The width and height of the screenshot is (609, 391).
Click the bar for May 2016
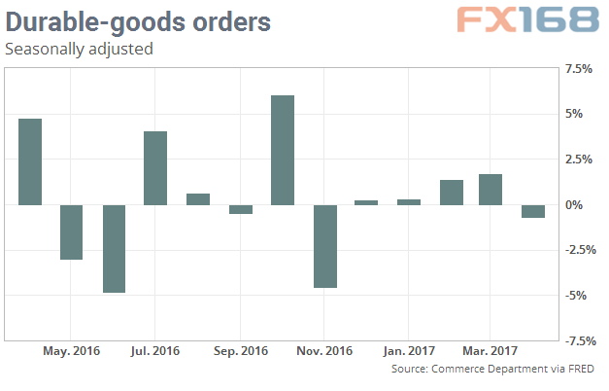click(x=71, y=231)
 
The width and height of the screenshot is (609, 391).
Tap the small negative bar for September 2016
click(x=240, y=209)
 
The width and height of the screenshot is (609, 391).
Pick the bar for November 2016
click(x=324, y=246)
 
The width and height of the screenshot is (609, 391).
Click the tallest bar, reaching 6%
click(x=282, y=150)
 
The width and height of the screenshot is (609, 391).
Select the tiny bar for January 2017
click(x=409, y=202)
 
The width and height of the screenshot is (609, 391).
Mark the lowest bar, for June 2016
click(x=114, y=248)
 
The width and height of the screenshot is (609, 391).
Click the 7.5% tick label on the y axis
click(x=579, y=69)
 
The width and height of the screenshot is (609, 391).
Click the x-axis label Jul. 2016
click(x=155, y=350)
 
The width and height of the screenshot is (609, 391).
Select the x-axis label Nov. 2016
click(x=324, y=350)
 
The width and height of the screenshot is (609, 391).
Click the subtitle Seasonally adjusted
click(x=79, y=48)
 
